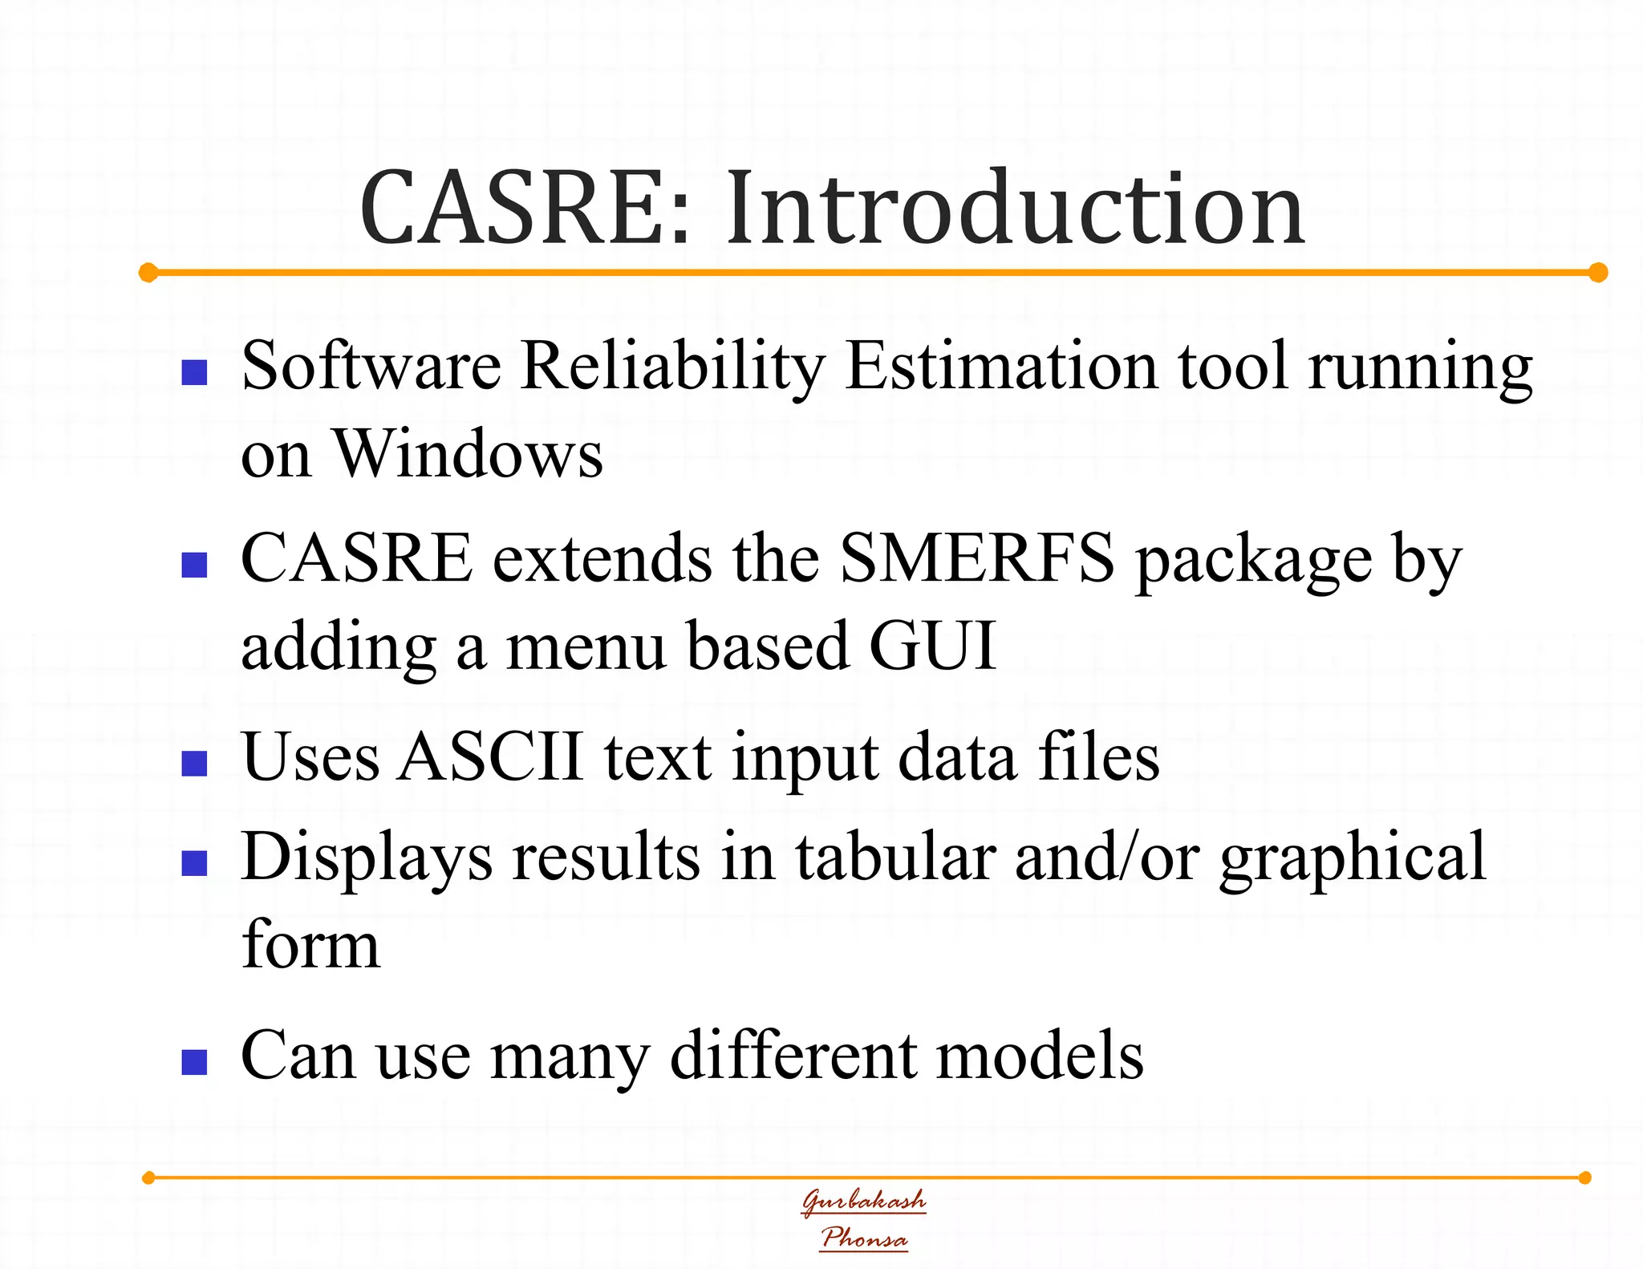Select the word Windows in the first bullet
(468, 454)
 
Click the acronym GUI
(932, 646)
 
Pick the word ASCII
(490, 756)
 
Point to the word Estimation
(1001, 367)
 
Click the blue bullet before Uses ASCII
(195, 764)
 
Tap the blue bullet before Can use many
(195, 1062)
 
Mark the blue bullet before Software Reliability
(195, 373)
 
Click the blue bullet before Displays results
(195, 863)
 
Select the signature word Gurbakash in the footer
(864, 1201)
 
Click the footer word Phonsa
(864, 1238)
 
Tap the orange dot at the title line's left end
(148, 273)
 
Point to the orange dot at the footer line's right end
(1584, 1178)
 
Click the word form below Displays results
(310, 945)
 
